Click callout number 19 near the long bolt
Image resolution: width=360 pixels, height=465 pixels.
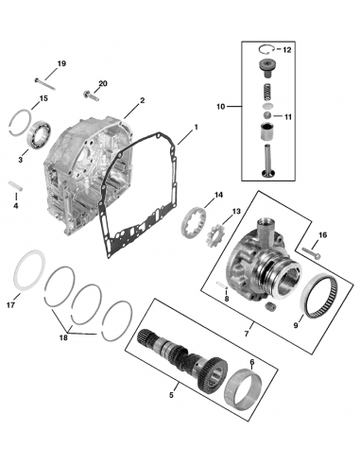point(61,63)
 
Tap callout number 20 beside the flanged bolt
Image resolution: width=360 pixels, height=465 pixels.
point(103,84)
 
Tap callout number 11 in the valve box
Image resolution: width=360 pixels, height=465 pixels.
point(289,116)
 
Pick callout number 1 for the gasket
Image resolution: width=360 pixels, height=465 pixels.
point(196,127)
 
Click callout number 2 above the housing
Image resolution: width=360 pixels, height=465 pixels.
point(142,100)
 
